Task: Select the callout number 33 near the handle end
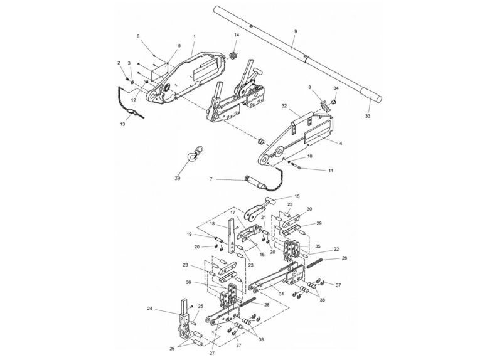(x=368, y=116)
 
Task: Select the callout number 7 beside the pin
(x=211, y=179)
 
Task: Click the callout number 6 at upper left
(x=137, y=37)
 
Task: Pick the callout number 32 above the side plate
(x=284, y=106)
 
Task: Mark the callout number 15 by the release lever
(x=297, y=197)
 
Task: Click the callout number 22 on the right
(x=336, y=250)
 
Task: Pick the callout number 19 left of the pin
(x=188, y=235)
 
